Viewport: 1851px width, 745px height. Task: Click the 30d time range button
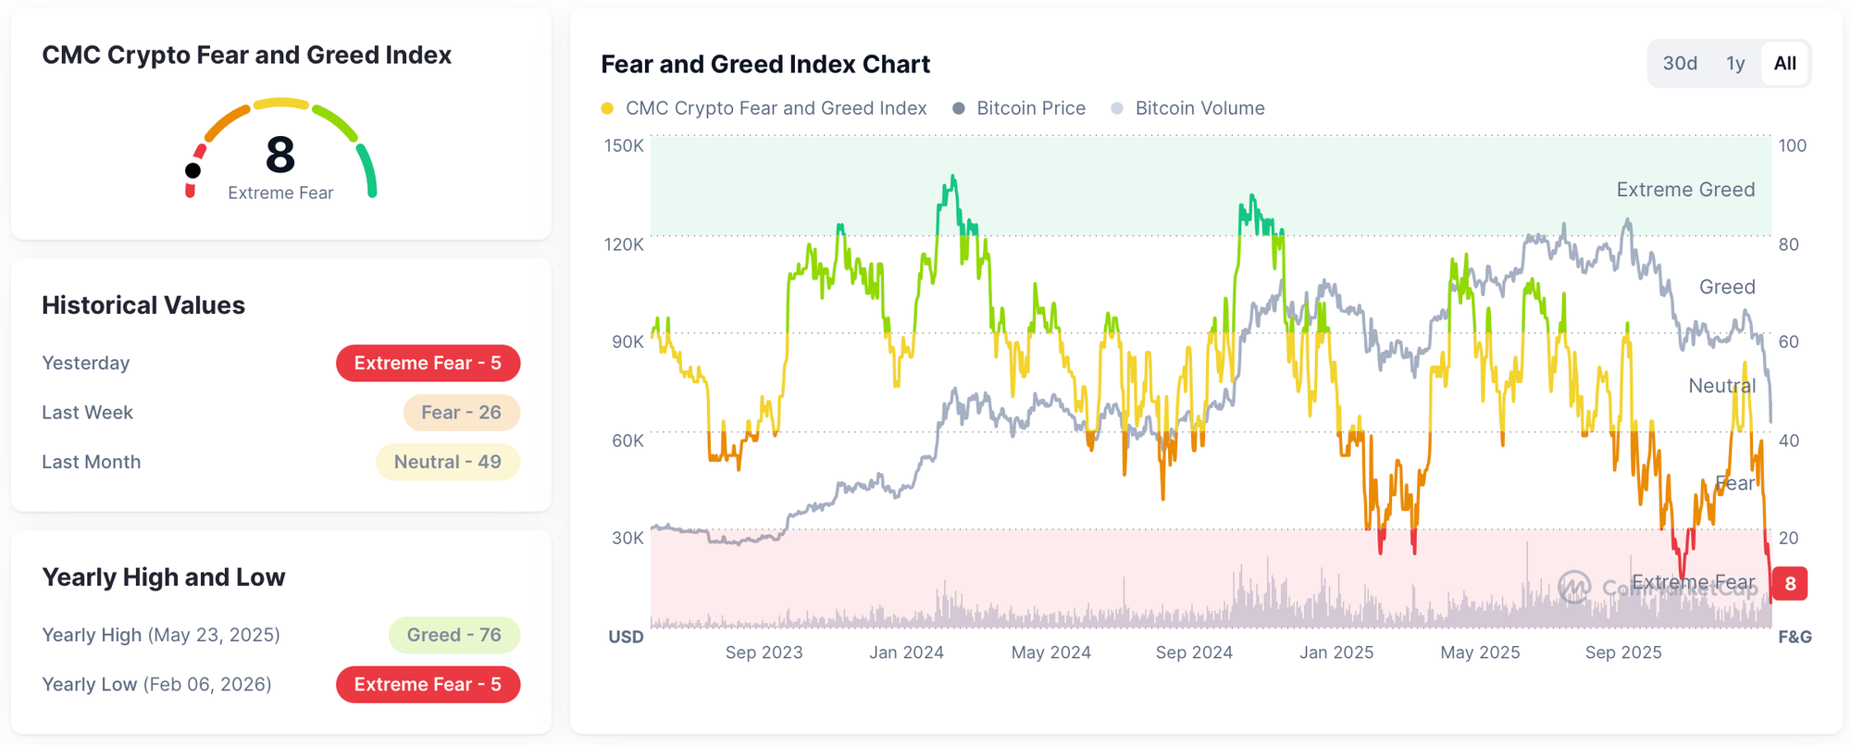1680,64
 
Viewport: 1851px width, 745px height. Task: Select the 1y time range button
1735,64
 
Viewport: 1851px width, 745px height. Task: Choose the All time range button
1784,64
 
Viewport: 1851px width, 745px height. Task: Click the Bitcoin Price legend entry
1020,108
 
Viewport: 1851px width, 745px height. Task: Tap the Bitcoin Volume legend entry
1188,108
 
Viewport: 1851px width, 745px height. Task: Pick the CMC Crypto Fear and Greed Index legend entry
764,108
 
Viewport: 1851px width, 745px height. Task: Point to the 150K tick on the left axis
624,145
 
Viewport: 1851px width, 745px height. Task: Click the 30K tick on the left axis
627,538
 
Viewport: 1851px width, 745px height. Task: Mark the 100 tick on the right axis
1792,145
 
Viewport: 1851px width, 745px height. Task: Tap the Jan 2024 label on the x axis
906,652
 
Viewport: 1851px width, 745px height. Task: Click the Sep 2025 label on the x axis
1623,652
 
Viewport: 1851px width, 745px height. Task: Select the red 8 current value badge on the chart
1790,584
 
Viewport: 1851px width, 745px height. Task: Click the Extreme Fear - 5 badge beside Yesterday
428,363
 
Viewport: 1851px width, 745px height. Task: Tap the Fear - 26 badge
461,413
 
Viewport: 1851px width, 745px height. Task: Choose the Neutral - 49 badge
447,462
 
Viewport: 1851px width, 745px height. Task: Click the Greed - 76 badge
453,635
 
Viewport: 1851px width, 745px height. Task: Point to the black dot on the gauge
193,170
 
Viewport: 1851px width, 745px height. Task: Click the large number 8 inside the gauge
280,155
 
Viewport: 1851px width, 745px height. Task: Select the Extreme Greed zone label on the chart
1685,190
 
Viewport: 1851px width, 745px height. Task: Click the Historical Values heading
143,305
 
